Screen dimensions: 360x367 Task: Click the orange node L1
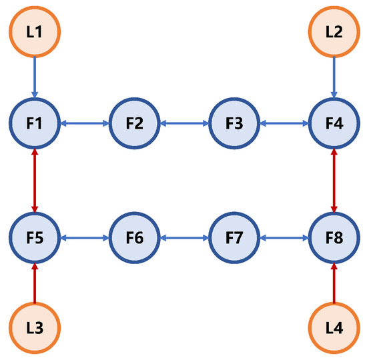pyautogui.click(x=35, y=31)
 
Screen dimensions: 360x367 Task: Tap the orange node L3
pyautogui.click(x=35, y=329)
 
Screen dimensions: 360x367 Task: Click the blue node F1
pyautogui.click(x=35, y=123)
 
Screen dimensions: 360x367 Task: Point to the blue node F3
pyautogui.click(x=234, y=123)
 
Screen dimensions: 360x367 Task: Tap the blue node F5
pyautogui.click(x=35, y=237)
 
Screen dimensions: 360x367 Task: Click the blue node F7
pyautogui.click(x=234, y=237)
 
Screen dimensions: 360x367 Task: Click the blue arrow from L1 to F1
pyautogui.click(x=35, y=77)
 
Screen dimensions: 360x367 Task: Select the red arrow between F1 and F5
pyautogui.click(x=35, y=180)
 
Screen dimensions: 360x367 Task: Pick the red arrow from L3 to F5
pyautogui.click(x=35, y=283)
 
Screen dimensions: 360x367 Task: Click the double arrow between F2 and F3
pyautogui.click(x=184, y=123)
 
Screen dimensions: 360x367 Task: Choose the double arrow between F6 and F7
pyautogui.click(x=184, y=237)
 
